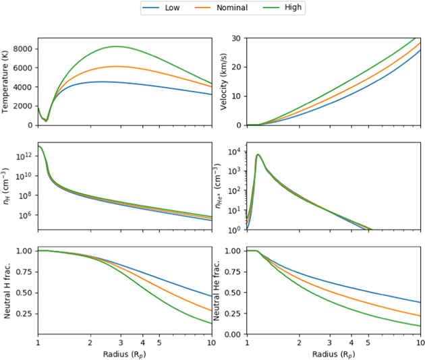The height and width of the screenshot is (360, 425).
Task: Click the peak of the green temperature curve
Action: click(117, 47)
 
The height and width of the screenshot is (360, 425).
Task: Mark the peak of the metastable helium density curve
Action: click(258, 155)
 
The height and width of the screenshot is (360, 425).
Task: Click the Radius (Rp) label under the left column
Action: click(123, 354)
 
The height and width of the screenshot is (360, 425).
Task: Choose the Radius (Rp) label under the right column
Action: click(333, 354)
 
